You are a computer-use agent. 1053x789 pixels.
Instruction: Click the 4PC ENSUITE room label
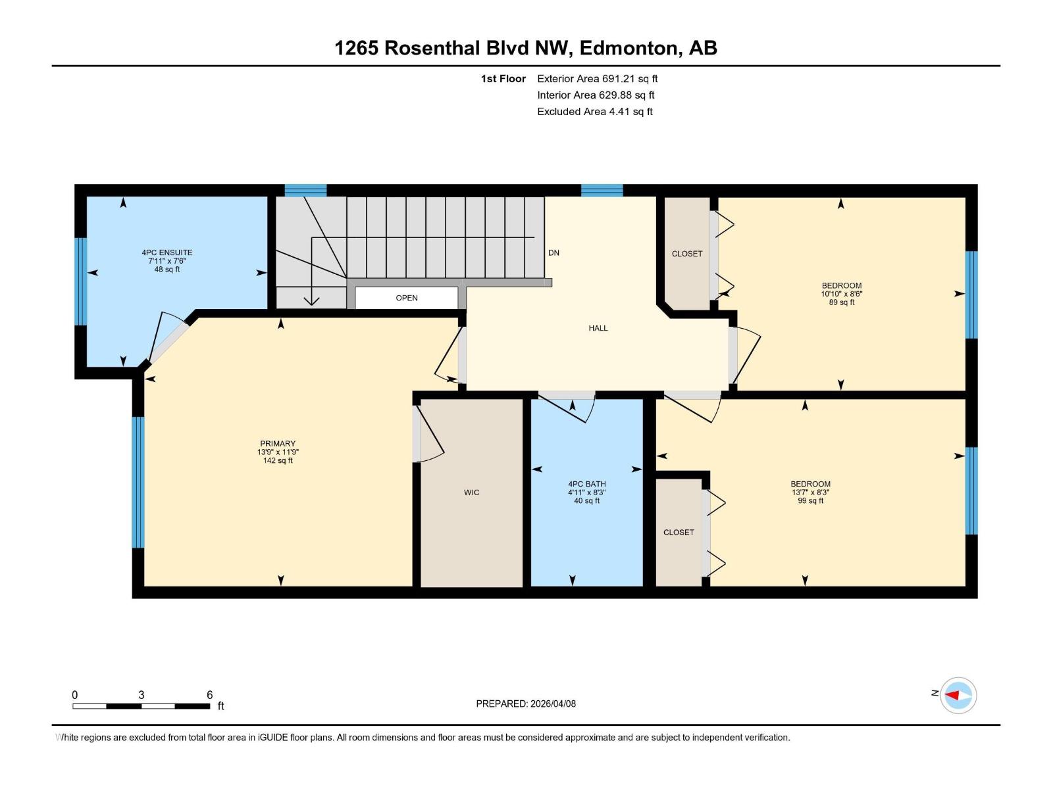167,252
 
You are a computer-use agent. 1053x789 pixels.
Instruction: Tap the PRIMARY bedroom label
278,444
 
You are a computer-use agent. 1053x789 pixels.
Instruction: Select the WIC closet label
471,492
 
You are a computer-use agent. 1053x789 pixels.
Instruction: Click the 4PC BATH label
586,484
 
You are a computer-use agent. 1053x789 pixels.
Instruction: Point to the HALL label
598,328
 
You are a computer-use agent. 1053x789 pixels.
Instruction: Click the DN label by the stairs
553,252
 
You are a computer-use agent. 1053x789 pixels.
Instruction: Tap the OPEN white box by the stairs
406,298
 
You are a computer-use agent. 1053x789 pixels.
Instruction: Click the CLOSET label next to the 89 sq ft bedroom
686,254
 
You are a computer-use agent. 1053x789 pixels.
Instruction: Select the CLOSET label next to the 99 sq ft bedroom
679,533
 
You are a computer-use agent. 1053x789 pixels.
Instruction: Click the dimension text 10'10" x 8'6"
841,294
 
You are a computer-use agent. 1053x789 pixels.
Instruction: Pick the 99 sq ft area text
810,501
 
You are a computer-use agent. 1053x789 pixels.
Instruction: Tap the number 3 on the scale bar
141,695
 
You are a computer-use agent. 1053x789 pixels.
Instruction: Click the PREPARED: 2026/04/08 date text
526,704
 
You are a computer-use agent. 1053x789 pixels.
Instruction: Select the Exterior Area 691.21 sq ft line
597,79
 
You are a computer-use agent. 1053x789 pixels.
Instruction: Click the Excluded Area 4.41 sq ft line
594,112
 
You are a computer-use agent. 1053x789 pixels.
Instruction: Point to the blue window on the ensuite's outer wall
81,281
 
